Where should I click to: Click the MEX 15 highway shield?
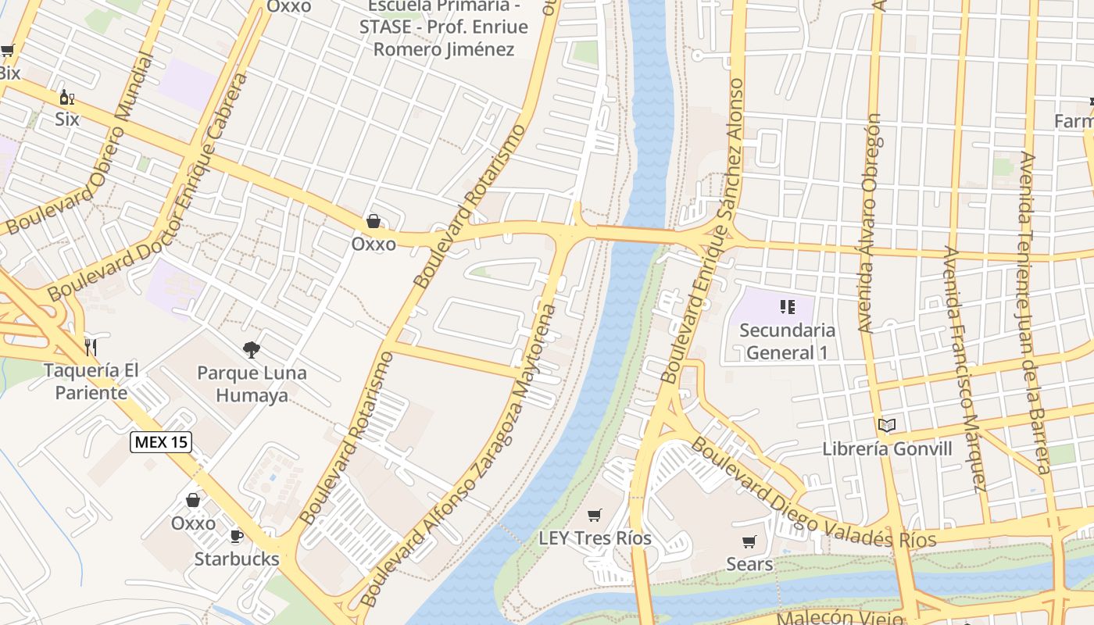click(160, 442)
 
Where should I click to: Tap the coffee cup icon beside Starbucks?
click(236, 536)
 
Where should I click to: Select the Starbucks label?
click(236, 559)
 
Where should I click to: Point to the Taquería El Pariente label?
click(91, 381)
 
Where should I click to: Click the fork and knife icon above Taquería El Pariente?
click(91, 347)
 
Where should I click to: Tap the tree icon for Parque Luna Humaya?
click(251, 350)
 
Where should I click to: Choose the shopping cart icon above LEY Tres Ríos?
click(595, 515)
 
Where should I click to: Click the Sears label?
click(749, 564)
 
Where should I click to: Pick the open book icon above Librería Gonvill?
click(886, 426)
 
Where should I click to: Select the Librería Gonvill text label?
click(887, 448)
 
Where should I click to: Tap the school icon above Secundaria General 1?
click(787, 307)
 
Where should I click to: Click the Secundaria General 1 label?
click(787, 341)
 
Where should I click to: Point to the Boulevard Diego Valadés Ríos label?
click(813, 494)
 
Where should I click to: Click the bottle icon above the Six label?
click(67, 98)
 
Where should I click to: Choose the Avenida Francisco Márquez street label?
click(964, 369)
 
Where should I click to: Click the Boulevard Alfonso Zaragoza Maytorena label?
click(459, 455)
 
